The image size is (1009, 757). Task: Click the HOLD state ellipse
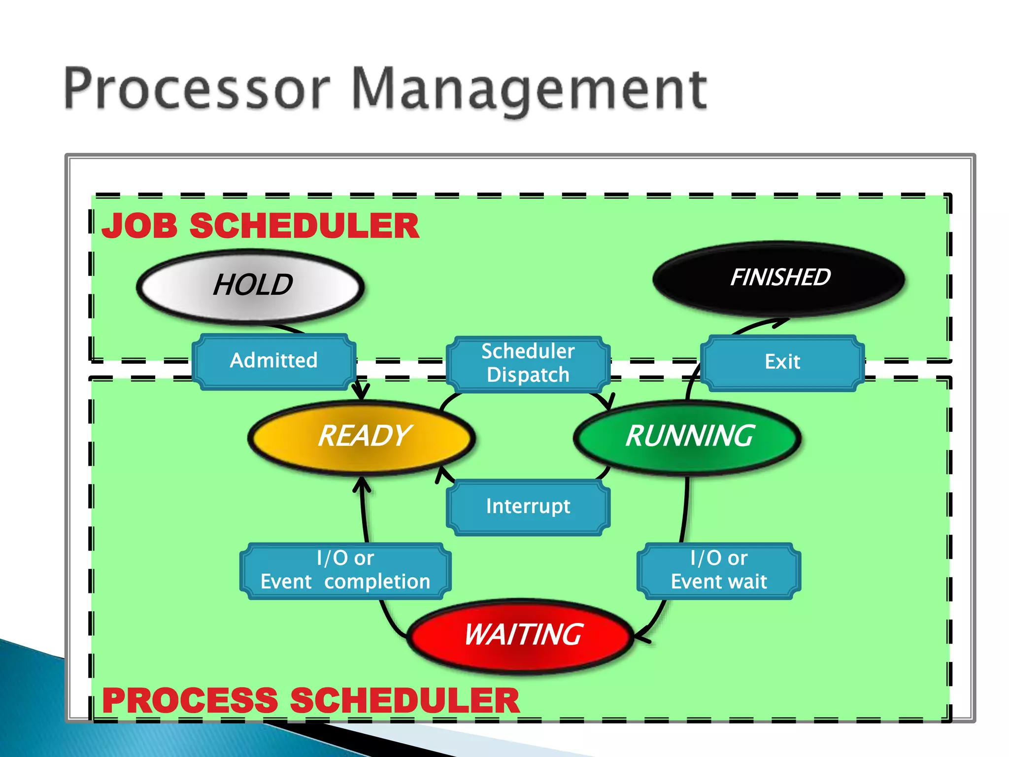click(x=250, y=286)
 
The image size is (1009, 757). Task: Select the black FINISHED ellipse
click(x=778, y=278)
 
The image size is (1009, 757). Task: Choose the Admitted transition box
click(x=273, y=361)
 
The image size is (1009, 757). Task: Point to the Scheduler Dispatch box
click(x=528, y=364)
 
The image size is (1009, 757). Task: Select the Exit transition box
click(x=782, y=362)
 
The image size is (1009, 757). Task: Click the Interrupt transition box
click(x=528, y=507)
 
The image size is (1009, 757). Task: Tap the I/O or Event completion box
click(x=345, y=571)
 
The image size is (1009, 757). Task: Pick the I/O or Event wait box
click(x=718, y=571)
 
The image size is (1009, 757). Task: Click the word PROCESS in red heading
click(x=190, y=700)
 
